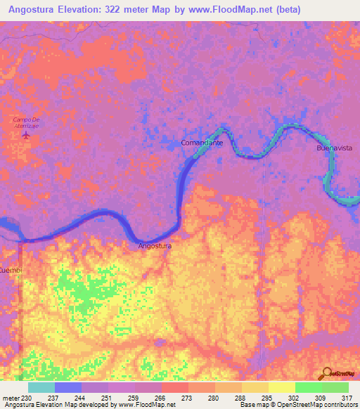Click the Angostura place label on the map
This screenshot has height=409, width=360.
[155, 246]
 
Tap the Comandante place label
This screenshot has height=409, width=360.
[202, 143]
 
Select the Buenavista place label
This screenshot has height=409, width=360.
[334, 149]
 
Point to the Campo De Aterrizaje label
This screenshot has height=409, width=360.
[26, 122]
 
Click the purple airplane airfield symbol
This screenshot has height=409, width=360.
[26, 134]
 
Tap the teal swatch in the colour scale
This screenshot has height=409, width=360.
[41, 387]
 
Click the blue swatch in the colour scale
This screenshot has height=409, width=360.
[68, 387]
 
